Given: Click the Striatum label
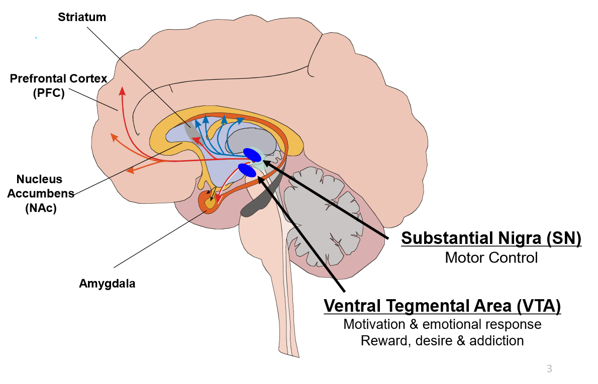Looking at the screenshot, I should (x=82, y=17).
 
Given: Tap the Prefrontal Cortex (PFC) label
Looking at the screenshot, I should (x=59, y=86).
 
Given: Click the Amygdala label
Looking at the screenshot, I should (x=107, y=284).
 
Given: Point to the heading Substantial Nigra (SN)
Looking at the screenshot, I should (x=491, y=238).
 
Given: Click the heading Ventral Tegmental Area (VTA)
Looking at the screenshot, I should (x=442, y=305).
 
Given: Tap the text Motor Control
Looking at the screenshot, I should (x=491, y=258).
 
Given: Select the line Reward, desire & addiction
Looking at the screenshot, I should (x=442, y=341).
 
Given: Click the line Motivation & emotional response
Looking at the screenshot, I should (x=442, y=324).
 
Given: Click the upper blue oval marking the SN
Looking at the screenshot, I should (x=252, y=155).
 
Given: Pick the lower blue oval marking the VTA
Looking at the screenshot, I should (x=247, y=170).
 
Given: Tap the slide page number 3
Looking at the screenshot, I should (x=549, y=369).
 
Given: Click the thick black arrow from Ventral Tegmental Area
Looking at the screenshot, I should (x=302, y=231).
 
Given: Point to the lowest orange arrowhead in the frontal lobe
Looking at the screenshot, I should (x=130, y=171).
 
